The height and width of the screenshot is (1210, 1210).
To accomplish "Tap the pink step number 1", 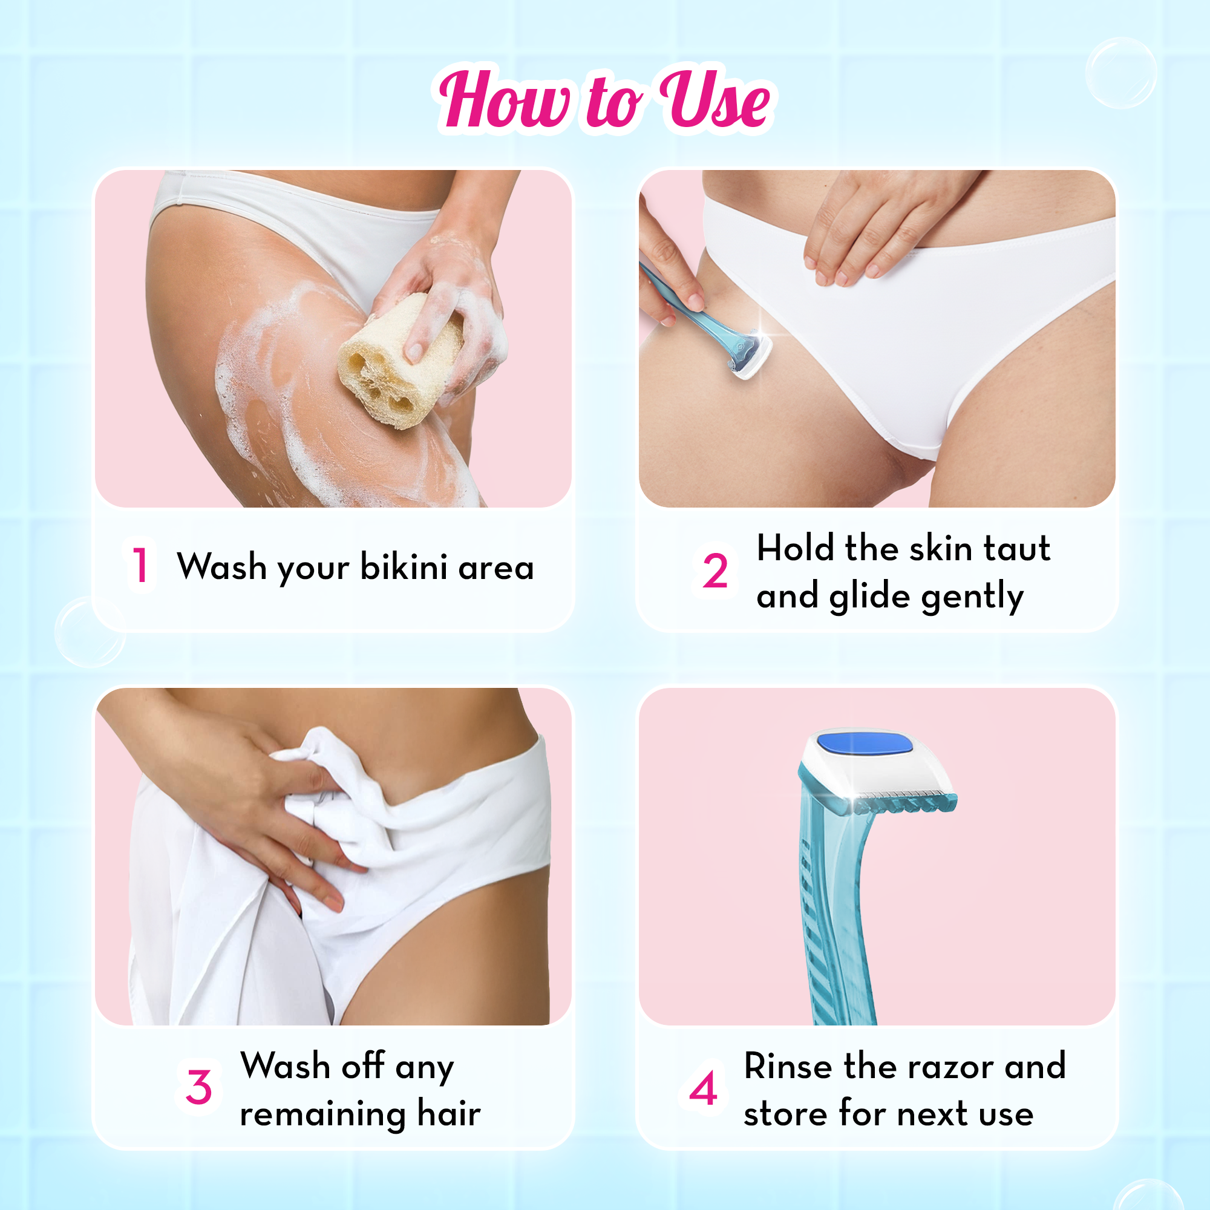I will (140, 565).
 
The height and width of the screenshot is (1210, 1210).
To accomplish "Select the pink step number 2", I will (715, 571).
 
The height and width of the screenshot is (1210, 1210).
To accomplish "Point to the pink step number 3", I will (198, 1087).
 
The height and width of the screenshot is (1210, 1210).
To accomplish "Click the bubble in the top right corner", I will (1120, 73).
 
